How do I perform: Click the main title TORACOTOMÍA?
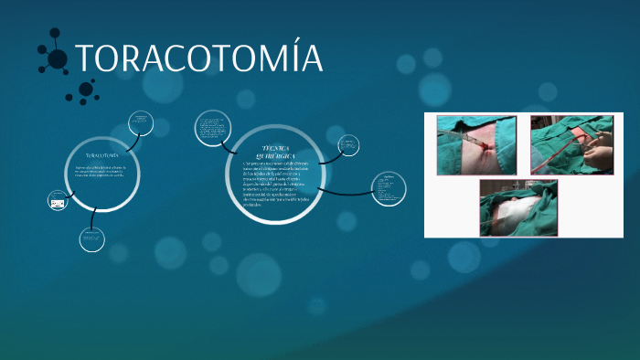[199, 58]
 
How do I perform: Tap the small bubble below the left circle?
[92, 238]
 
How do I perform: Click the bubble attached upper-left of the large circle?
[214, 129]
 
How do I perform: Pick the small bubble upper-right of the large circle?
[349, 144]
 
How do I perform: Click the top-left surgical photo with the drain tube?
[475, 144]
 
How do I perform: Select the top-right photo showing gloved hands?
[571, 144]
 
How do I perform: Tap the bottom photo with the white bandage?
[518, 206]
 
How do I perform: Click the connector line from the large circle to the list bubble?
[347, 191]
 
